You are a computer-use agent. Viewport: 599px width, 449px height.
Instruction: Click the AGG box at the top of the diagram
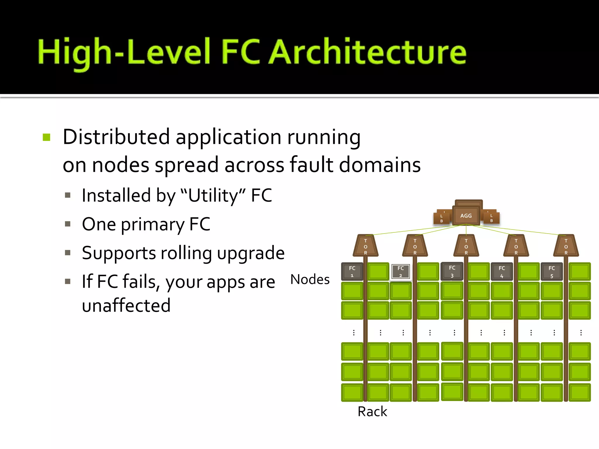point(466,215)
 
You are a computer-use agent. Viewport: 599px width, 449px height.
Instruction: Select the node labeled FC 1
point(352,272)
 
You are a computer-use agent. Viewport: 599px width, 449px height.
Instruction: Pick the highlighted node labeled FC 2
point(401,272)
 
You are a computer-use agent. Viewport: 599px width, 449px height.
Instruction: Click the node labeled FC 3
point(452,272)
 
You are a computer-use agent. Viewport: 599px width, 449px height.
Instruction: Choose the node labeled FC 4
point(502,272)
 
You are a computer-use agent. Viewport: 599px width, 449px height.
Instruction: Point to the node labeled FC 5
point(552,272)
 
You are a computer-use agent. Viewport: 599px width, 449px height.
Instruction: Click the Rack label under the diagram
point(372,412)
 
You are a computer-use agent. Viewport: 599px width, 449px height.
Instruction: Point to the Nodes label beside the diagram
point(310,279)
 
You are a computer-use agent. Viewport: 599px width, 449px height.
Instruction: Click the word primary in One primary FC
point(152,224)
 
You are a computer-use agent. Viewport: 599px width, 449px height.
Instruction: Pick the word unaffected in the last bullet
point(126,305)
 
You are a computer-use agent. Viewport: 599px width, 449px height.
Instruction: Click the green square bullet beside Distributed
point(47,137)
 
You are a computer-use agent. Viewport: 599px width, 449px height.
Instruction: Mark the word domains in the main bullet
point(380,165)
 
